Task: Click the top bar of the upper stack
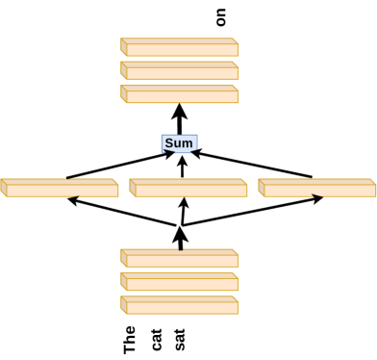[x=180, y=48]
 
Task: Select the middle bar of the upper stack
[x=180, y=71]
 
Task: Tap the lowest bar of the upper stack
[x=180, y=94]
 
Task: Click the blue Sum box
[x=179, y=143]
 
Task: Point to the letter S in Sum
[x=169, y=143]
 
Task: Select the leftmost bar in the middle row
[x=60, y=189]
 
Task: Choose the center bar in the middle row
[x=188, y=189]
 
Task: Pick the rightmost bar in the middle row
[x=317, y=189]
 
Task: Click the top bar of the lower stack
[x=180, y=259]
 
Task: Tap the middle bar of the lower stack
[x=180, y=282]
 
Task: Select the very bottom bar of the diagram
[x=180, y=305]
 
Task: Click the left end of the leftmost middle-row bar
[x=5, y=189]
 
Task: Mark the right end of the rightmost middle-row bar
[x=372, y=190]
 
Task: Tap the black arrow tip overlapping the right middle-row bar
[x=316, y=195]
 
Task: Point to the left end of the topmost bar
[x=124, y=48]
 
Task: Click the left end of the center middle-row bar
[x=134, y=189]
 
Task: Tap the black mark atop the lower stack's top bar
[x=180, y=249]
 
